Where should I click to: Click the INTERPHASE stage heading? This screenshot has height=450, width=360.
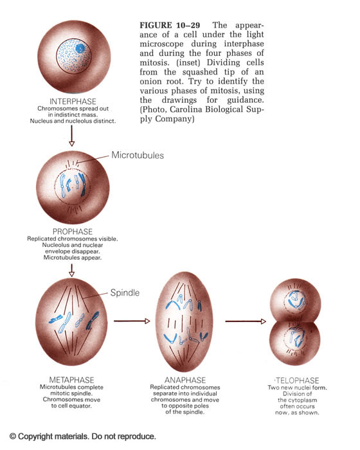(73, 102)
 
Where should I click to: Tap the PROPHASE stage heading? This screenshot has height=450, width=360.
(73, 231)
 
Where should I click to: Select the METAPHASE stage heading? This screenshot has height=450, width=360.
(71, 380)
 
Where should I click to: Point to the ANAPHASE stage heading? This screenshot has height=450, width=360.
(185, 381)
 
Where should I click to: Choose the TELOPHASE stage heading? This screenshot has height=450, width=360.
(298, 381)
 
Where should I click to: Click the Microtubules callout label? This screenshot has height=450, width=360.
(138, 156)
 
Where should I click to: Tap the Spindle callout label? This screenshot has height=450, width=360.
(125, 292)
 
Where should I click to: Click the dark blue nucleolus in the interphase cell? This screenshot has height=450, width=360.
(80, 48)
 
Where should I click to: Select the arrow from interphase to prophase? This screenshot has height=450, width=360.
(72, 136)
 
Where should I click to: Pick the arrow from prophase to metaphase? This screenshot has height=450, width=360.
(72, 271)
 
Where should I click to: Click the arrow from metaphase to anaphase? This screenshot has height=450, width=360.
(132, 321)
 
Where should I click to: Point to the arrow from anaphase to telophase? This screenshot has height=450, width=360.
(246, 321)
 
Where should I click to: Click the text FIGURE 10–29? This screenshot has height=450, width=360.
(170, 25)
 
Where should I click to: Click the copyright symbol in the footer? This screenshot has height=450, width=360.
(13, 437)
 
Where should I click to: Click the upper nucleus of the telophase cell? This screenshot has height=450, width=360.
(295, 302)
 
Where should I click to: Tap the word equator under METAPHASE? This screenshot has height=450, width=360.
(80, 406)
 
